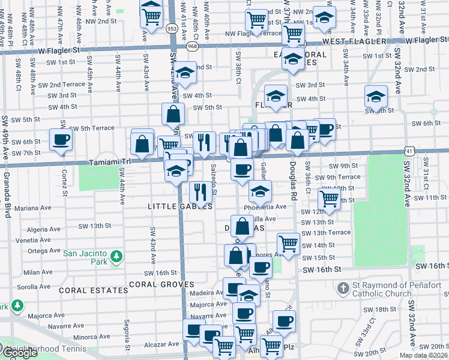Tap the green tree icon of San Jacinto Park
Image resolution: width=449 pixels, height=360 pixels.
coord(116,257)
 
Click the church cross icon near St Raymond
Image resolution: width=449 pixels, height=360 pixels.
coord(343,287)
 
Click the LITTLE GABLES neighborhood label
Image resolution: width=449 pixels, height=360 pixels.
coord(180,206)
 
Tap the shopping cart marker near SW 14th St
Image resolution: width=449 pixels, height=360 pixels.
coord(289,244)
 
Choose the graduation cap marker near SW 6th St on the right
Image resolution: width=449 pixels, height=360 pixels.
coord(376,97)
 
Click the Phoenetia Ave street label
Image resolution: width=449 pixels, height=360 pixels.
coord(265,206)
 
